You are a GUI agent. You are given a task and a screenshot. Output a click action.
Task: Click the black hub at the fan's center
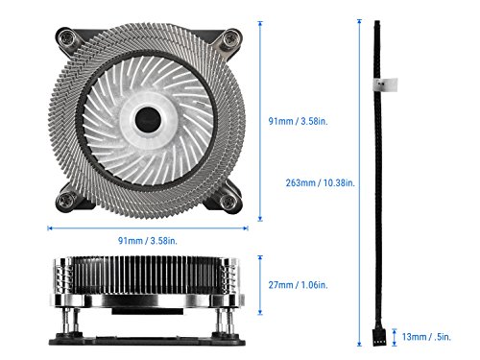149,118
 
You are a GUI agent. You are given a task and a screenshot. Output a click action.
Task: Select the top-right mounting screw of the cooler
230,39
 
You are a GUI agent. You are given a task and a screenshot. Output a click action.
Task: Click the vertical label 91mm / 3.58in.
300,121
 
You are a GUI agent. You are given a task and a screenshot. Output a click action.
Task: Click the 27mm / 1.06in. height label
299,285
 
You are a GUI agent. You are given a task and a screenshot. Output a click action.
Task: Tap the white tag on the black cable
382,84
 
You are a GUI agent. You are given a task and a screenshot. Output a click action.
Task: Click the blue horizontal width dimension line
149,228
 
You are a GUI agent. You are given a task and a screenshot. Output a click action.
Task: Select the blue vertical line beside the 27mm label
263,285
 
